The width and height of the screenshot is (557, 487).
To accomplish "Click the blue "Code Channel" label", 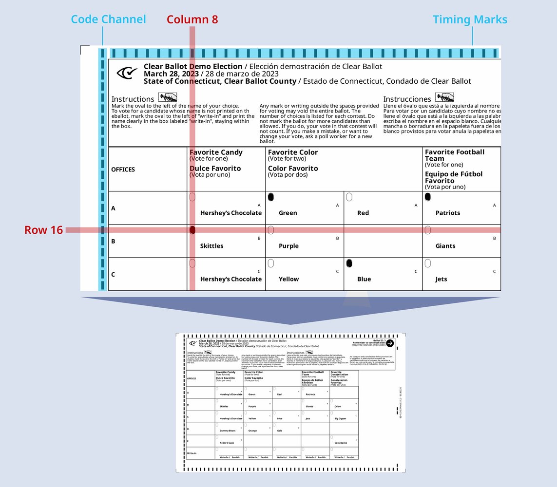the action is [x=108, y=19].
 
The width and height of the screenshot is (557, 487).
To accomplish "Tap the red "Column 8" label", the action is [x=192, y=19].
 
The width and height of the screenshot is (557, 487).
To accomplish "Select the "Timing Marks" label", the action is [x=470, y=19].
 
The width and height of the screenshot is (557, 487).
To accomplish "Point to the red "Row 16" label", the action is [x=44, y=230].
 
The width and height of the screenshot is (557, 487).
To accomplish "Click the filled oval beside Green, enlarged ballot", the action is [x=271, y=197].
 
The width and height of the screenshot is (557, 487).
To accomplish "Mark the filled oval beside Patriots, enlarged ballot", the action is [x=428, y=197].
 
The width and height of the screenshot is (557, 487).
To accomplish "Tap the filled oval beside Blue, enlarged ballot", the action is [x=349, y=263].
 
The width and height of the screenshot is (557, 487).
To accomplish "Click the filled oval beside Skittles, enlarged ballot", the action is [x=192, y=230].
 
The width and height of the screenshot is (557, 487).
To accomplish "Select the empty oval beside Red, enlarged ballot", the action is [x=349, y=197].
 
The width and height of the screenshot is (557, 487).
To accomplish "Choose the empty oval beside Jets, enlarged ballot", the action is [x=428, y=263].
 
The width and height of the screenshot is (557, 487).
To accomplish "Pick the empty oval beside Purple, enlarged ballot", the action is [x=271, y=230].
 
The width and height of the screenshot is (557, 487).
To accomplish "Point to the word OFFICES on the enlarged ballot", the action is [x=123, y=169].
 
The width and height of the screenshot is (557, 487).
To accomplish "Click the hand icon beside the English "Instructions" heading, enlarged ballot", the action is [x=167, y=97].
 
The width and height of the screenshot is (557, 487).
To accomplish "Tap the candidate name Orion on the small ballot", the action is [x=338, y=406].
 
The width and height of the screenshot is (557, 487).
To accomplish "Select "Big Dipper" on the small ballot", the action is [x=340, y=418].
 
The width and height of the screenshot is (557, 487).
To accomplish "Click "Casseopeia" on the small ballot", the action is [x=341, y=443].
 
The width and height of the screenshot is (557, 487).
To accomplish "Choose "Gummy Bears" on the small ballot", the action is [x=228, y=431].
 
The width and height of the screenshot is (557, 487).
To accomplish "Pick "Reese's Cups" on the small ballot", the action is [x=227, y=443].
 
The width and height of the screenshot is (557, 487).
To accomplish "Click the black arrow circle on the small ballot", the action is [x=390, y=343].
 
